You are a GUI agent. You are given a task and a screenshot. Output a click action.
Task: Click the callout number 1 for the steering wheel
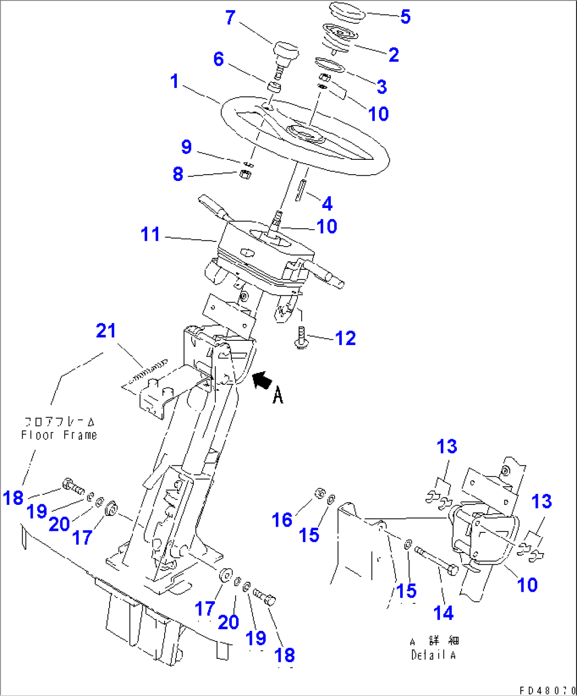tap(175, 82)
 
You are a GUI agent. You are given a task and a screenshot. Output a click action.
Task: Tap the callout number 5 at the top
tap(405, 16)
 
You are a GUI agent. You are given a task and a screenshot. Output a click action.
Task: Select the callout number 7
tap(230, 17)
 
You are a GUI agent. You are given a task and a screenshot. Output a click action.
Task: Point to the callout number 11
tap(150, 234)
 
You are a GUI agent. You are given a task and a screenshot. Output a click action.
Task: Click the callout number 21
tap(106, 331)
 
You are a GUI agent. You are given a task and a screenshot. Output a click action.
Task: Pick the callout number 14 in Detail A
tap(443, 612)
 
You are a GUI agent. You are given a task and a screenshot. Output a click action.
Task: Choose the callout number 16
tap(282, 519)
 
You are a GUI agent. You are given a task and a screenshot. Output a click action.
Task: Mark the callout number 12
tap(346, 338)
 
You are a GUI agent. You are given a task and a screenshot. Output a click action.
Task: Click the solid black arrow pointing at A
tap(261, 380)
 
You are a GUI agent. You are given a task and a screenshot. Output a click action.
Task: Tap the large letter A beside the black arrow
tap(278, 394)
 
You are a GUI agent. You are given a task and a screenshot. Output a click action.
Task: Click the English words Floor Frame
tap(59, 435)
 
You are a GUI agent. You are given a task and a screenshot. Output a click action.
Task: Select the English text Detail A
tap(433, 655)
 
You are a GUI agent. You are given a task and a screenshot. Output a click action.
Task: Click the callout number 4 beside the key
tap(327, 203)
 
